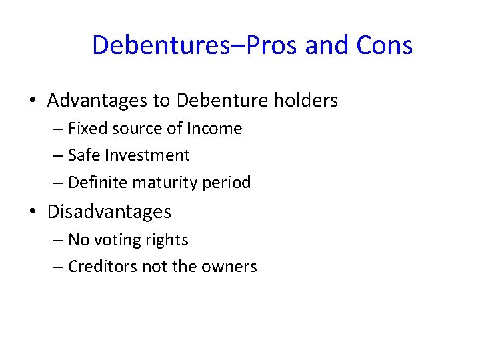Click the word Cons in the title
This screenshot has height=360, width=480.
pyautogui.click(x=385, y=45)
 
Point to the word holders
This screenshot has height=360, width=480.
pyautogui.click(x=305, y=101)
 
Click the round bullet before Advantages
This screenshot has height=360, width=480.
pyautogui.click(x=33, y=101)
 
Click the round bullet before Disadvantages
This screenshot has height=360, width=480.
pyautogui.click(x=33, y=213)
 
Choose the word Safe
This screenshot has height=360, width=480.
pyautogui.click(x=83, y=155)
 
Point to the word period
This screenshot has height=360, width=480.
pyautogui.click(x=227, y=182)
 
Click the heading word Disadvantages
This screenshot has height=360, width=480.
pyautogui.click(x=109, y=212)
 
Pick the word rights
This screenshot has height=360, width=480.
pyautogui.click(x=166, y=240)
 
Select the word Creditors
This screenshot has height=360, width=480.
pyautogui.click(x=101, y=267)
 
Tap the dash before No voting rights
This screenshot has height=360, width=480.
pyautogui.click(x=57, y=241)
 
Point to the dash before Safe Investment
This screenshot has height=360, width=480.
pyautogui.click(x=57, y=156)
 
